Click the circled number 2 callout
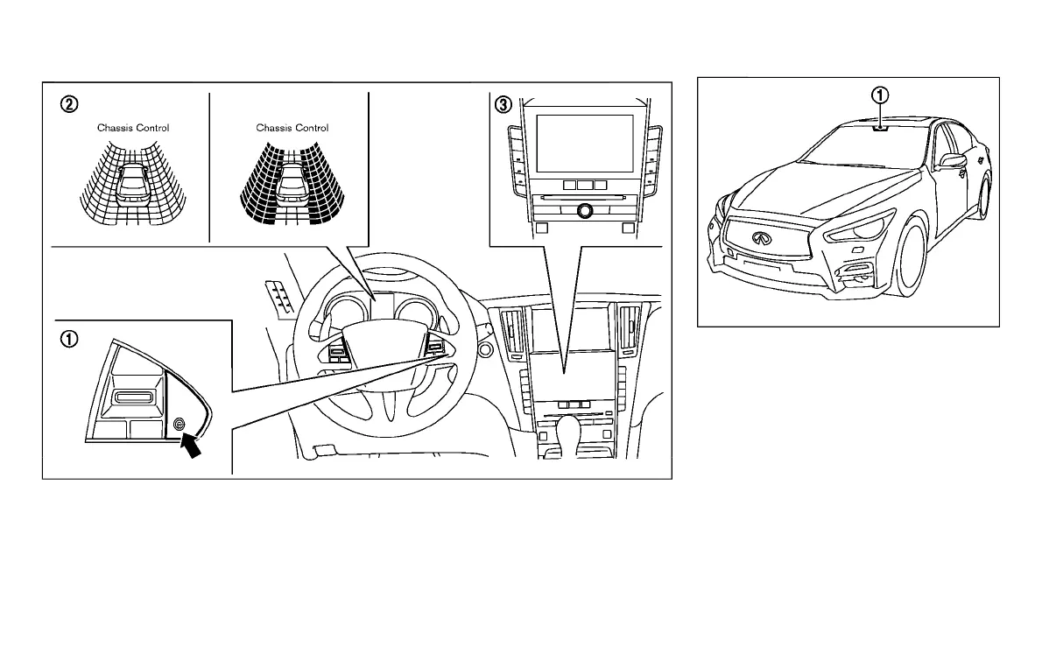(x=67, y=104)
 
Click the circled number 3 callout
(x=502, y=104)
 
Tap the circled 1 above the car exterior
(x=881, y=94)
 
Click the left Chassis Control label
(x=133, y=128)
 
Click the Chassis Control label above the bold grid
(x=292, y=128)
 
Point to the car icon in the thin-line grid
(x=133, y=185)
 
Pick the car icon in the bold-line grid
(x=292, y=185)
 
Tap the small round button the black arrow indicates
(x=180, y=425)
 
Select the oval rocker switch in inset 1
(x=133, y=398)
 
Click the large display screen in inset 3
(x=584, y=144)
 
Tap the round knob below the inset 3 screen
(x=584, y=210)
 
